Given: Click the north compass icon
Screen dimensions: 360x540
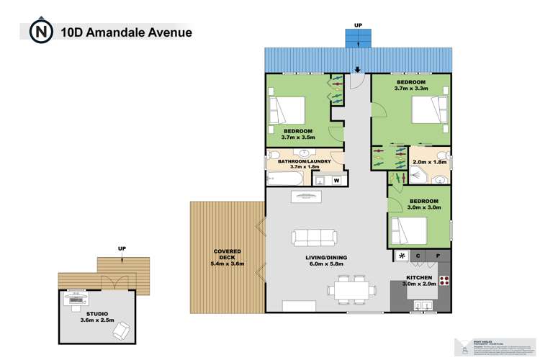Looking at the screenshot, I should pos(40,32).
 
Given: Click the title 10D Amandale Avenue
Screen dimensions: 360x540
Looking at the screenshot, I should pos(127,32).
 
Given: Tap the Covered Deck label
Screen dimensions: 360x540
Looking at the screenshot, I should pos(227,257).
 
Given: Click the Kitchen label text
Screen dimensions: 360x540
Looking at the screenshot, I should pos(419,277).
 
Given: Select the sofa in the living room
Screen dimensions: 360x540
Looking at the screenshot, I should pos(314,237).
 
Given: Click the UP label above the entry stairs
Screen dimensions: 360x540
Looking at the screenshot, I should pos(358,26).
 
